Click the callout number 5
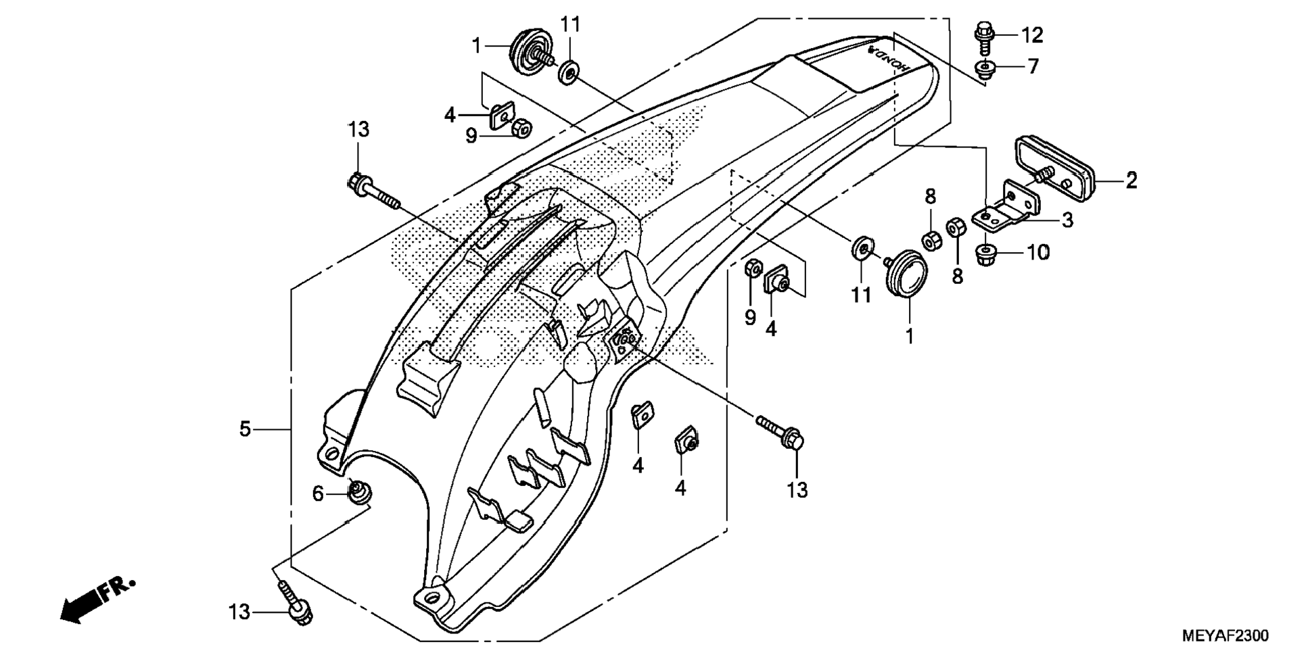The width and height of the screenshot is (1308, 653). pyautogui.click(x=245, y=429)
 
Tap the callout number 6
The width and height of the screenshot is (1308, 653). pyautogui.click(x=318, y=493)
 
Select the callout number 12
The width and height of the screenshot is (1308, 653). pyautogui.click(x=1033, y=34)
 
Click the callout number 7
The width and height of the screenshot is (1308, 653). pyautogui.click(x=1033, y=66)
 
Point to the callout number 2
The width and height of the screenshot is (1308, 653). pyautogui.click(x=1131, y=180)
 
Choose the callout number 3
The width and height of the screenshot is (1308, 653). pyautogui.click(x=1067, y=220)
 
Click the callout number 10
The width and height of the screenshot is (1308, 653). pyautogui.click(x=1038, y=253)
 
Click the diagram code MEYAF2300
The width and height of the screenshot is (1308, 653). pyautogui.click(x=1225, y=635)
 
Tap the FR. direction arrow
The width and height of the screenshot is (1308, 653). pyautogui.click(x=95, y=601)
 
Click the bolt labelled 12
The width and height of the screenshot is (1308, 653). pyautogui.click(x=984, y=39)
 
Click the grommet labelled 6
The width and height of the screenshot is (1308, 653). pyautogui.click(x=358, y=492)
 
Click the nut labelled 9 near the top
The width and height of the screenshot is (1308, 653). pyautogui.click(x=522, y=128)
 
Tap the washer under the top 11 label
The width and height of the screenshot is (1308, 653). pyautogui.click(x=569, y=71)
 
